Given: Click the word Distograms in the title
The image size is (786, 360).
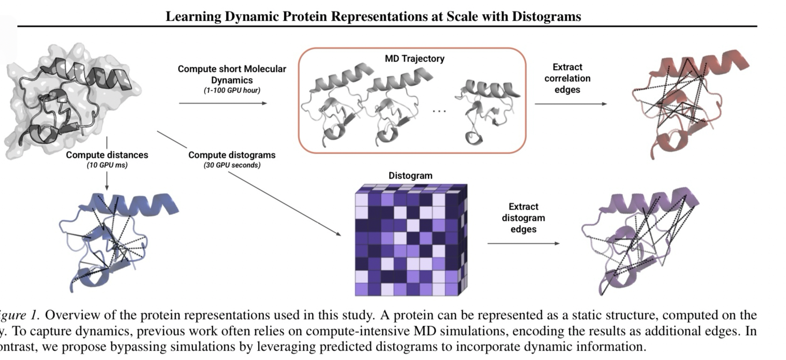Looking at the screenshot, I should (x=546, y=16).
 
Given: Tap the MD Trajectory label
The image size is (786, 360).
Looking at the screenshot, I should (x=414, y=59).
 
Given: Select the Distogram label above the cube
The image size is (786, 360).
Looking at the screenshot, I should (x=410, y=176).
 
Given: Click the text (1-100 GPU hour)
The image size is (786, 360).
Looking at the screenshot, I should (x=232, y=90).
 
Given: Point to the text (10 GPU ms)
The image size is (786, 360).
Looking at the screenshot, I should (x=107, y=165).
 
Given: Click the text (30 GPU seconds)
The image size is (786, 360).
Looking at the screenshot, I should (x=232, y=165).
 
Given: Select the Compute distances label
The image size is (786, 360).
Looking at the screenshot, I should (x=107, y=155).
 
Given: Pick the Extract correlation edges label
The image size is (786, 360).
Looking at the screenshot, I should (x=567, y=78).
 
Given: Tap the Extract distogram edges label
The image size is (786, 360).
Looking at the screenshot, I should (x=523, y=218).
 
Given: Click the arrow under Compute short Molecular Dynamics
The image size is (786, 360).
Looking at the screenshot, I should (x=223, y=103).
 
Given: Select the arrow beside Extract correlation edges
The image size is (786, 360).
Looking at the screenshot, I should (x=571, y=104).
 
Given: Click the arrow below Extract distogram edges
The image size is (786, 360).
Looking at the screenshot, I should (x=523, y=243).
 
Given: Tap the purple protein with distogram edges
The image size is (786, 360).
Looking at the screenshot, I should (x=639, y=240).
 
